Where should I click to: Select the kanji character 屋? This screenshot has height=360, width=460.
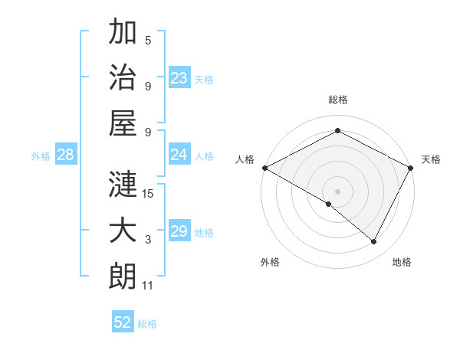coord(123,123)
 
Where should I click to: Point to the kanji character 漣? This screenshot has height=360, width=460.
coord(123,185)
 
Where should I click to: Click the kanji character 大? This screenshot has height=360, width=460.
coord(123,231)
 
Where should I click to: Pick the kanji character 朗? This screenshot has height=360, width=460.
coord(123,277)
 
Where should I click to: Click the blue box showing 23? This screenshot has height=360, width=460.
coord(179,77)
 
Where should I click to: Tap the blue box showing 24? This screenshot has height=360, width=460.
coord(179,155)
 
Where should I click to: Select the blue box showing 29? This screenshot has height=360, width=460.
coord(179,231)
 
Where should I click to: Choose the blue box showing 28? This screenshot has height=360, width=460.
coord(66,155)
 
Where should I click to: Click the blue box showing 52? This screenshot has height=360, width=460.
coord(123,322)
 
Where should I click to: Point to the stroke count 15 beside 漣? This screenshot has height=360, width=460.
coord(148,194)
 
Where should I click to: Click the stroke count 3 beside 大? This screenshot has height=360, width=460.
coord(148,240)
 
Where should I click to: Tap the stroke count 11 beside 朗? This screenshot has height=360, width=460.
coord(148,286)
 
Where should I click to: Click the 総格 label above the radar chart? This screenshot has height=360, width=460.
coord(338,100)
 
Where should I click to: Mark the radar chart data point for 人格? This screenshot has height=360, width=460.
coord(264,168)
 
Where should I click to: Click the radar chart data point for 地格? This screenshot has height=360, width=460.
coord(374,241)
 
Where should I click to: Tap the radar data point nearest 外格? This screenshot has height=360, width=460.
coord(329,204)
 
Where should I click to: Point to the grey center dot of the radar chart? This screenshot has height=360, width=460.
coord(338,191)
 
